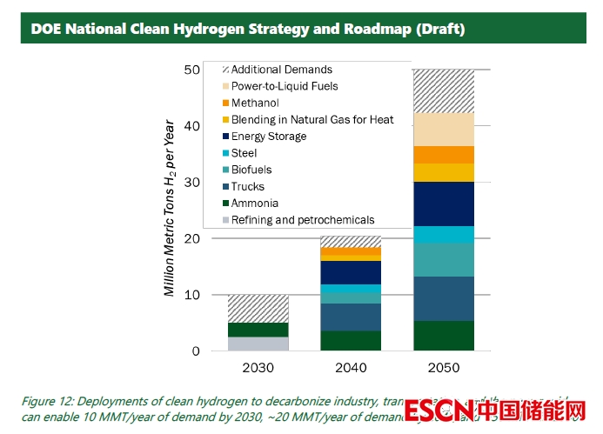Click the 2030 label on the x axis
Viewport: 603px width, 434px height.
click(258, 368)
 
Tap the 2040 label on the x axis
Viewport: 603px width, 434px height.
click(351, 368)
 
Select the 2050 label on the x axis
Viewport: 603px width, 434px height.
click(444, 368)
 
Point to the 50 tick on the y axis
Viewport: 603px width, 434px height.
click(191, 70)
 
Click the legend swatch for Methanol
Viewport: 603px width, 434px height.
click(225, 103)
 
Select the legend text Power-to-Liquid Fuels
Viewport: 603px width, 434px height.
click(285, 87)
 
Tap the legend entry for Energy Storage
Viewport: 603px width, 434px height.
click(269, 137)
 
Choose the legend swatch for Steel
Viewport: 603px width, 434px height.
click(225, 153)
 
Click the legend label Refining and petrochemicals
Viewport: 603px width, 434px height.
click(303, 220)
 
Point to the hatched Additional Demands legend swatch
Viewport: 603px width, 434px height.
click(225, 70)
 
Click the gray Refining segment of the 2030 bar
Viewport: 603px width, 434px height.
click(258, 344)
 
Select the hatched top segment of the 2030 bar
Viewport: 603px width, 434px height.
click(258, 309)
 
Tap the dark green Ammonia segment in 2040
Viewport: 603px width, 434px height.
click(351, 340)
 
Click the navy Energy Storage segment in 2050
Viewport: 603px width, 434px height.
click(444, 204)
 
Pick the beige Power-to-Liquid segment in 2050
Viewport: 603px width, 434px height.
click(444, 130)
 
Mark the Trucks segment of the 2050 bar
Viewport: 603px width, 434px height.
click(444, 298)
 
